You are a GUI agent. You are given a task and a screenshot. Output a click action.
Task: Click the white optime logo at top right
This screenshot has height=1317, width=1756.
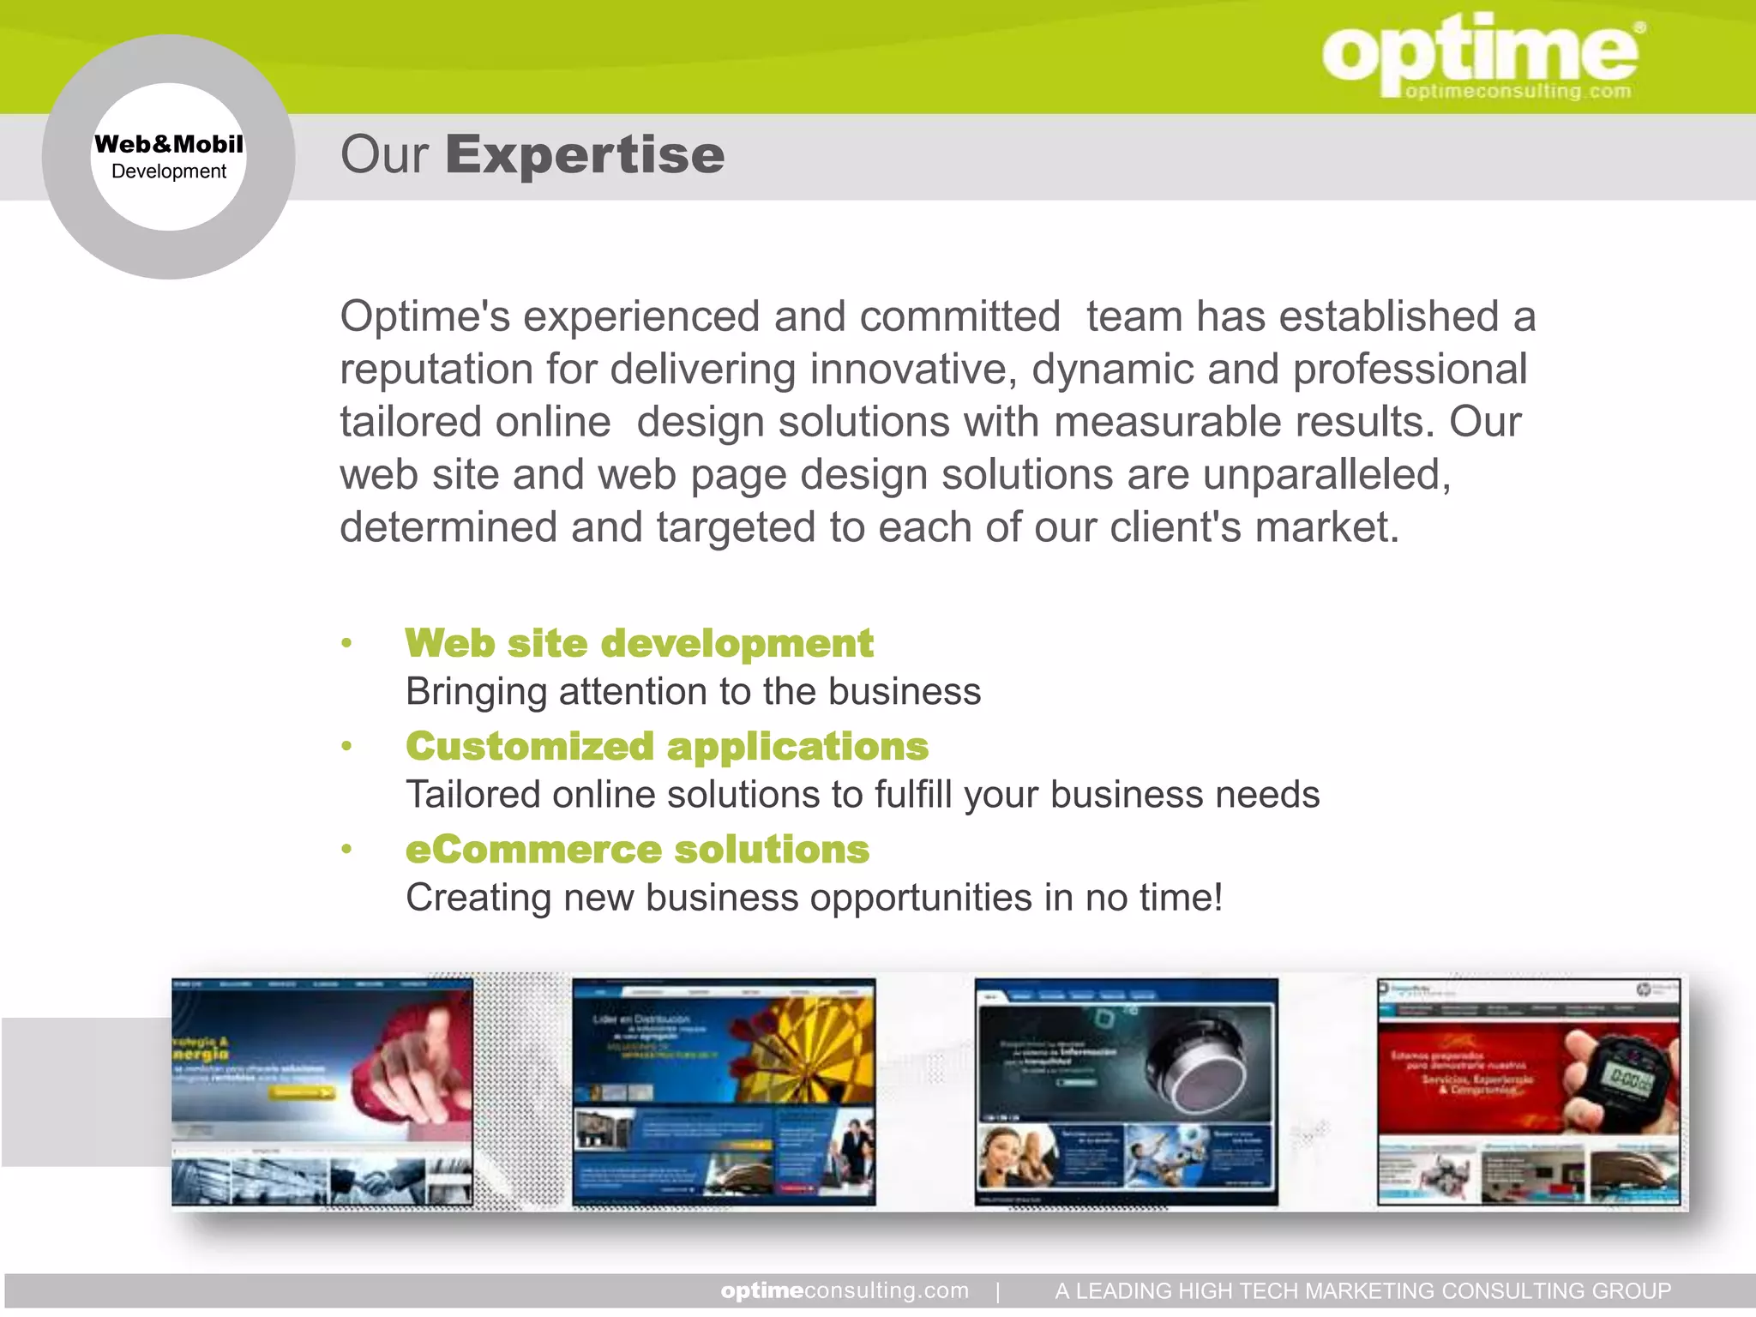point(1479,53)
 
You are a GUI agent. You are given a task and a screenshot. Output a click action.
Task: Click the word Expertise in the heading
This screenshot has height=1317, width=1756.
point(585,155)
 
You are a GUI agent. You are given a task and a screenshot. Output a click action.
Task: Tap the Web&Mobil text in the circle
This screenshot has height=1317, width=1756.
point(169,144)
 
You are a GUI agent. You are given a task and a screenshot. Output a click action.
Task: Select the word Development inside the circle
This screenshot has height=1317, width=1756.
point(169,171)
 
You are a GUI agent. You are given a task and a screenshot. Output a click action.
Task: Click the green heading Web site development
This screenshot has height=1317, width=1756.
point(639,643)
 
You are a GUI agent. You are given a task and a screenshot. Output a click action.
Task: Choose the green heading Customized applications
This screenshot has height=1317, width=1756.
point(667,746)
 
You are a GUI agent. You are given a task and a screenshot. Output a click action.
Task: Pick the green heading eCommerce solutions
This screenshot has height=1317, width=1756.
point(637,849)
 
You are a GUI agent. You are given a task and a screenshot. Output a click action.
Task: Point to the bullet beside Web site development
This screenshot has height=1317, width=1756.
point(346,643)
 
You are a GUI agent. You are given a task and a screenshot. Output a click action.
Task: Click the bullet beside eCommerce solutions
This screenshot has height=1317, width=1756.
point(346,850)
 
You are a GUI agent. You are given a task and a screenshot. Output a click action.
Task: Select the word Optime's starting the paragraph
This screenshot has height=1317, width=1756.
point(424,316)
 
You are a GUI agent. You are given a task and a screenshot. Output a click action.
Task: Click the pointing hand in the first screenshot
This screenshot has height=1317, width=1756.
point(412,1055)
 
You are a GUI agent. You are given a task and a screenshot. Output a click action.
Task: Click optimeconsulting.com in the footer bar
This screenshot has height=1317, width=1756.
point(845,1290)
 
